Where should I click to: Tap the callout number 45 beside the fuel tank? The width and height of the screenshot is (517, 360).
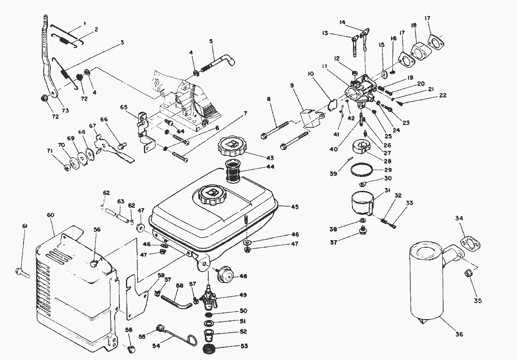click(295, 207)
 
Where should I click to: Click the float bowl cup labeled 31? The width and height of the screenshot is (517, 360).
click(362, 203)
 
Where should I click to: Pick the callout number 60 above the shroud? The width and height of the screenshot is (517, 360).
click(51, 215)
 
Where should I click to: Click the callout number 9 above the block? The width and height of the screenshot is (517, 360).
click(292, 86)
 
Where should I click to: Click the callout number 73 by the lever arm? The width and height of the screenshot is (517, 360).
click(65, 110)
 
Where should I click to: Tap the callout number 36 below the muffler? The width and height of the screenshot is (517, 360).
click(459, 334)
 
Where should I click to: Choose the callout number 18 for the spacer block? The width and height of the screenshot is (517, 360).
click(413, 25)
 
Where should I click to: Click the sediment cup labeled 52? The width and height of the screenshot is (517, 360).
click(208, 337)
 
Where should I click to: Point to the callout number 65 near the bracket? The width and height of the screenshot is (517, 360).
click(124, 108)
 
